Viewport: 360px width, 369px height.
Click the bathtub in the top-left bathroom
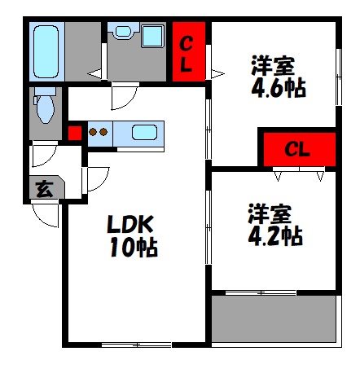[x=46, y=51]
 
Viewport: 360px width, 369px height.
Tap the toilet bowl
[x=46, y=108]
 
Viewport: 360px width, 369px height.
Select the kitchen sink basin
[x=144, y=132]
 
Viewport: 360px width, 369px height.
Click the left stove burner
[x=93, y=132]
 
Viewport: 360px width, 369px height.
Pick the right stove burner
[x=103, y=132]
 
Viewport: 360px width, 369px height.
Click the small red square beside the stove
[x=75, y=133]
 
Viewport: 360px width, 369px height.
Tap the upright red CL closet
[x=189, y=51]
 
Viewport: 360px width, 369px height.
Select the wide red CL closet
[x=300, y=149]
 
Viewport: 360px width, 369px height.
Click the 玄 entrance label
[x=45, y=189]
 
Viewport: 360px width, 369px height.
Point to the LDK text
[x=130, y=224]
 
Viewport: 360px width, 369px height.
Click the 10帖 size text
[x=134, y=247]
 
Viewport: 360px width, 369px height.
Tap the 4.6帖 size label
[x=279, y=88]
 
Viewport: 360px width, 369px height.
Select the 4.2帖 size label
[x=275, y=235]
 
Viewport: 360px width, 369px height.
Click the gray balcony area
[x=274, y=318]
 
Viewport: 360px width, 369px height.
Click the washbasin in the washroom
[x=123, y=31]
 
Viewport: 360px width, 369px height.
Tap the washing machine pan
[x=153, y=36]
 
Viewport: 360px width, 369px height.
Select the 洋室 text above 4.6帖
[x=273, y=65]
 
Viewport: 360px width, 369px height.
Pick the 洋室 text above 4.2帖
[x=270, y=213]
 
